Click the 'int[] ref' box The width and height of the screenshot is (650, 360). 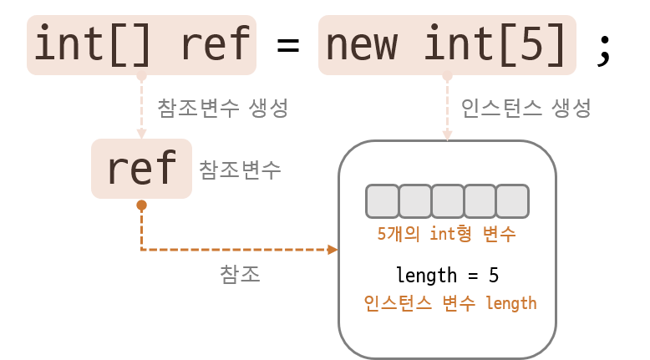click(x=141, y=44)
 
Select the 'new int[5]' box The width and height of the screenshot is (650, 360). click(x=447, y=44)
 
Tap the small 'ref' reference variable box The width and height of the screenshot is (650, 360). click(x=141, y=169)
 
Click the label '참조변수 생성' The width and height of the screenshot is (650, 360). click(x=223, y=108)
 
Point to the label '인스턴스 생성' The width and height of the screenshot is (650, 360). click(x=526, y=108)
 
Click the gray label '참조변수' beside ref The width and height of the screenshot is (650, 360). click(x=240, y=170)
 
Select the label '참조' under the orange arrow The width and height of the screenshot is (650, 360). click(x=240, y=274)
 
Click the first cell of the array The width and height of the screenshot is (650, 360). click(x=382, y=201)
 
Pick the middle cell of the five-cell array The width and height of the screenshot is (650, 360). click(x=447, y=201)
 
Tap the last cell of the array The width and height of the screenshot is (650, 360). click(x=512, y=201)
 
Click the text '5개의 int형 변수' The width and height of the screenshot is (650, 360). click(x=446, y=234)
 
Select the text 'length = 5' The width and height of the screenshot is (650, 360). click(x=447, y=275)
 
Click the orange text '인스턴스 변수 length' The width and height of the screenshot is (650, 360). click(x=449, y=303)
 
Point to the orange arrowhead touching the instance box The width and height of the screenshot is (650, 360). click(x=333, y=250)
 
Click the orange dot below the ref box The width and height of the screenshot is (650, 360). click(x=141, y=205)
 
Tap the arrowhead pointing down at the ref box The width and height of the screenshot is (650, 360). click(x=141, y=134)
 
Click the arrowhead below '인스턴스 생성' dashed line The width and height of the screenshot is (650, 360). click(x=447, y=134)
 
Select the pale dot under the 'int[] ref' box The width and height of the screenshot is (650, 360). click(x=141, y=76)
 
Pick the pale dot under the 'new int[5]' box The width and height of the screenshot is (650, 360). click(x=447, y=76)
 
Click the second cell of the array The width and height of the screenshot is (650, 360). click(x=414, y=201)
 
